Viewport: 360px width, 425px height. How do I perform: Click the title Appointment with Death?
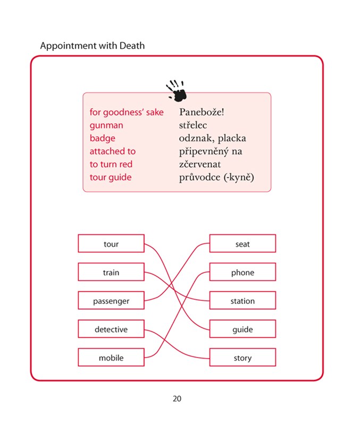92,46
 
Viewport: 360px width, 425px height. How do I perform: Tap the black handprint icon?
177,91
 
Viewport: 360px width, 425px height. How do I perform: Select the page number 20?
177,398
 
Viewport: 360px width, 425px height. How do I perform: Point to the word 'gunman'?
106,125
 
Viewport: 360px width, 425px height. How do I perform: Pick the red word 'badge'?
103,138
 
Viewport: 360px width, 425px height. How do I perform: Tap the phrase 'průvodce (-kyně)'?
217,177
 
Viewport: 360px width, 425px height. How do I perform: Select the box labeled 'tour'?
111,244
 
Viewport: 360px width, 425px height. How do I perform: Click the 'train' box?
111,273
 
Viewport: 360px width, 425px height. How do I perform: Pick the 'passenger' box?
111,301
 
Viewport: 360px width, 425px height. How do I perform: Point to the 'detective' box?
111,329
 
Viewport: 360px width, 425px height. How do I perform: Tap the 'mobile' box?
111,358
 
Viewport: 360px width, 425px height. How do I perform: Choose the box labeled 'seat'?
242,244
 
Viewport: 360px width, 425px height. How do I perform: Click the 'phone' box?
242,273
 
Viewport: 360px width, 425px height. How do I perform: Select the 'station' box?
242,301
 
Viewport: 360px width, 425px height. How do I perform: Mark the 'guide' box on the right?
242,329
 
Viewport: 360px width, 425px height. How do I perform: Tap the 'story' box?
242,358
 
